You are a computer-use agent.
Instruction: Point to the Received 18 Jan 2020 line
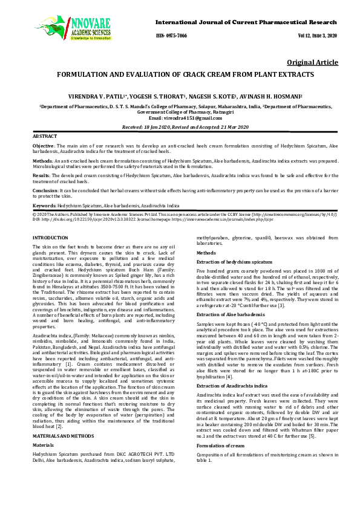(180, 128)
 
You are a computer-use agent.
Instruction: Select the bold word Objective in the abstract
(43, 146)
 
